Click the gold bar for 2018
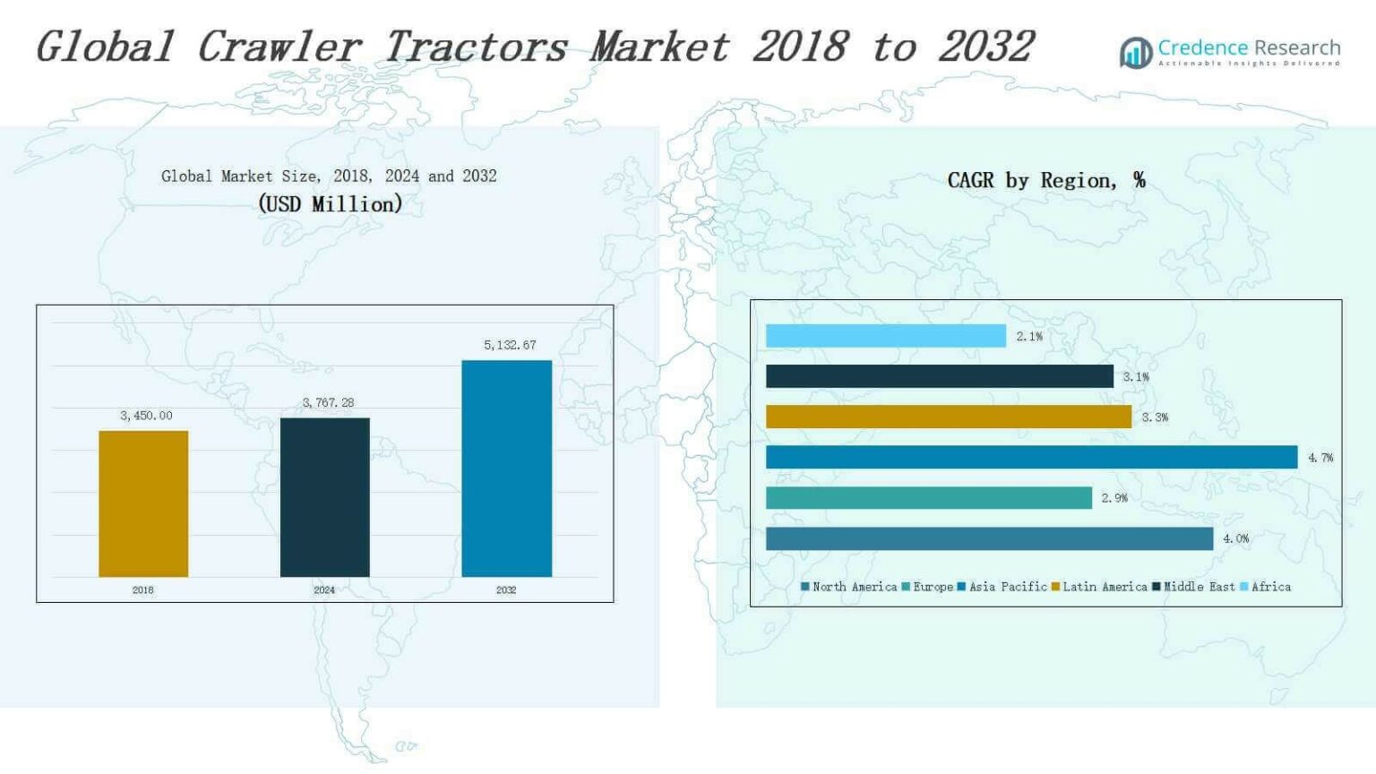pos(143,503)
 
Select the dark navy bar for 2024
pos(325,497)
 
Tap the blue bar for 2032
pos(507,469)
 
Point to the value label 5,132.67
pos(510,345)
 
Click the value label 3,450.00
pos(146,416)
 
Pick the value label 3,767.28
pos(328,403)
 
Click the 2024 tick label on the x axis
pos(324,590)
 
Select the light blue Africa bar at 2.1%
pos(886,336)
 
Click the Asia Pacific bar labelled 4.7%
pos(1032,457)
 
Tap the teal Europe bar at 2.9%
pos(929,497)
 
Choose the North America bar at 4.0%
pos(990,538)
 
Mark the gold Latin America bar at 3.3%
pos(949,417)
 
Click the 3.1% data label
pos(1136,377)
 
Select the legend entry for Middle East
pos(1193,588)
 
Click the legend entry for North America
pos(849,588)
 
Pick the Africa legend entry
pos(1266,588)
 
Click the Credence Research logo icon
pos(1136,53)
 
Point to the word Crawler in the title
pos(279,47)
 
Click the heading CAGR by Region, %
pos(1046,181)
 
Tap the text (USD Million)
pos(330,204)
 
